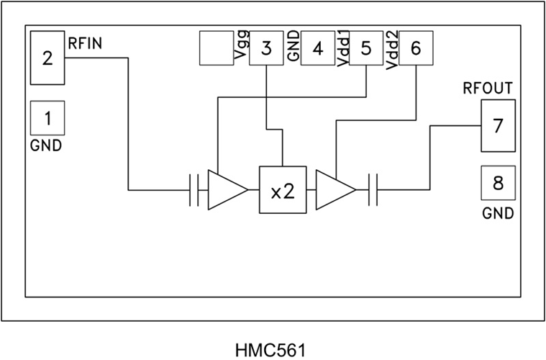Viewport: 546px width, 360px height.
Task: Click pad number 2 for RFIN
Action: coord(47,58)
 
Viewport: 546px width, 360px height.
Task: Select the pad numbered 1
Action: coord(47,117)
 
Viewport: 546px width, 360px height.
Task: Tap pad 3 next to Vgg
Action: coord(267,49)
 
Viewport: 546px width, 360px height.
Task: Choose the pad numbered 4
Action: coord(317,49)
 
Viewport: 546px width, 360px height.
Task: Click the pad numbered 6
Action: coord(417,49)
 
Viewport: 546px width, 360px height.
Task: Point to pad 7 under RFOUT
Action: coord(498,125)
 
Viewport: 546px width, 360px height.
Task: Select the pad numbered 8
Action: coord(498,182)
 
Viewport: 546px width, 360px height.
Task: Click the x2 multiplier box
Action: coord(283,191)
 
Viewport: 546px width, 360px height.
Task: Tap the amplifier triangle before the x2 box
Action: coord(224,191)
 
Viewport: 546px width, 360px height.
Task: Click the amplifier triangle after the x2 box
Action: coord(333,191)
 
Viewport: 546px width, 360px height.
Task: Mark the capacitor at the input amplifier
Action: coord(194,191)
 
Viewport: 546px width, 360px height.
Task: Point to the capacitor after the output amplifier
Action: coord(372,191)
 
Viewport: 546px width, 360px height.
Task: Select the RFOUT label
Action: coord(488,89)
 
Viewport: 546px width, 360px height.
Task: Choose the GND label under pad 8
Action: coord(498,213)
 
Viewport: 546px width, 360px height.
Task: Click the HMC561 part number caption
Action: coord(270,351)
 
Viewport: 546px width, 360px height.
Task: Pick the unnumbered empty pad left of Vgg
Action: coord(216,49)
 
